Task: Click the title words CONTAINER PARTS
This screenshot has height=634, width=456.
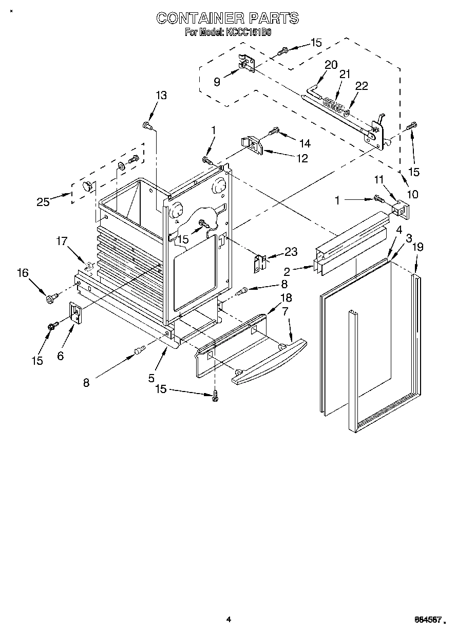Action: [227, 18]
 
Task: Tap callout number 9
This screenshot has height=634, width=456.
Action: [217, 82]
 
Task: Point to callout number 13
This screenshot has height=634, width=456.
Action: [161, 95]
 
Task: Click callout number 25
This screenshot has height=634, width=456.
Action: [43, 201]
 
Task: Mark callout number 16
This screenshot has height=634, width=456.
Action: [23, 273]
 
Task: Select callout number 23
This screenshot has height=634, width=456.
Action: [291, 252]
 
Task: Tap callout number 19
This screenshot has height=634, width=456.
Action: [418, 247]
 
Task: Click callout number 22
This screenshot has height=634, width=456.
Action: [362, 86]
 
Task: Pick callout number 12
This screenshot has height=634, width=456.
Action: [301, 158]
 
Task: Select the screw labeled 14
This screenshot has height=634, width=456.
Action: [273, 130]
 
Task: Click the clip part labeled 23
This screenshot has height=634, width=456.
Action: [261, 264]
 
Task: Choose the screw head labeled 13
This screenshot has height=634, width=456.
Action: [147, 125]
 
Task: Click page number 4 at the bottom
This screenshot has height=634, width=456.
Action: [229, 620]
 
